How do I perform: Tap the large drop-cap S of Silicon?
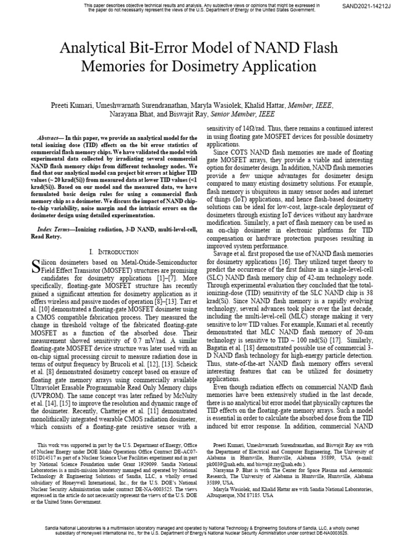[x=36, y=266]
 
